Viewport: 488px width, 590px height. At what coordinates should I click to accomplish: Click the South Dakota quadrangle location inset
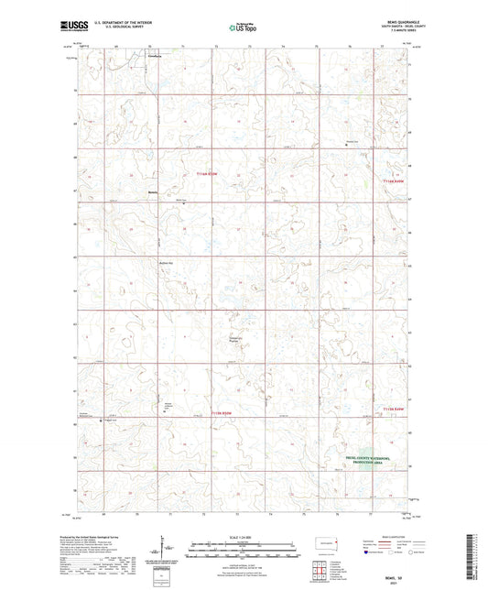pos(326,540)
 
